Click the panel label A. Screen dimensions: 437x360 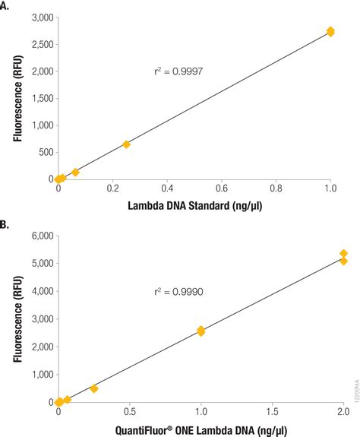point(6,5)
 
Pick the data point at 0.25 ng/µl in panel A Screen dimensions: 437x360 point(126,144)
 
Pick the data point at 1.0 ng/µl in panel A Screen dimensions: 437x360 point(330,31)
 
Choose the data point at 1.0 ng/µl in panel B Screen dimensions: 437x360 point(201,331)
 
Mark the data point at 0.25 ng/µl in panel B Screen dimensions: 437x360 point(94,388)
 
